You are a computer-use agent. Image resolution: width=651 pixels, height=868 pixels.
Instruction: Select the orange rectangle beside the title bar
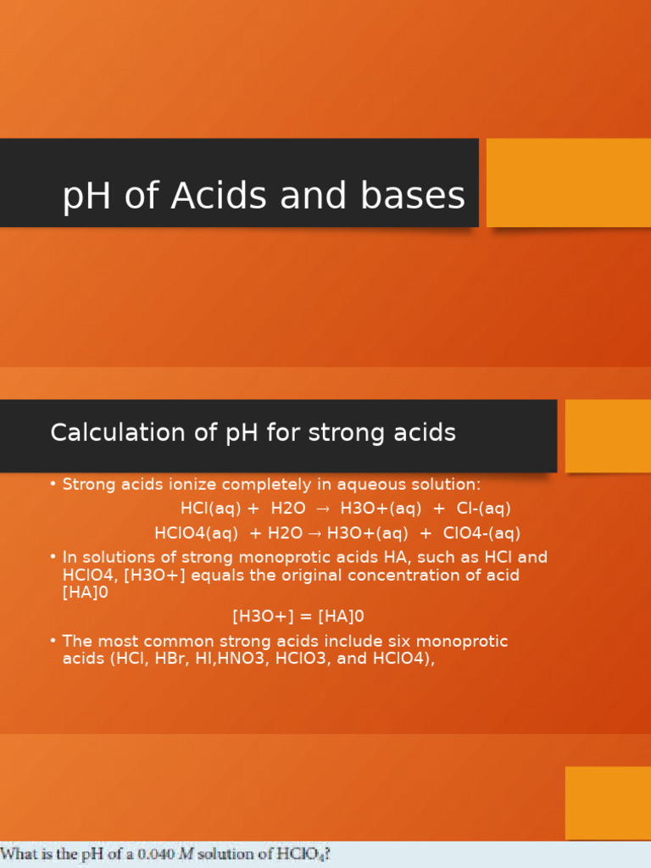(x=568, y=182)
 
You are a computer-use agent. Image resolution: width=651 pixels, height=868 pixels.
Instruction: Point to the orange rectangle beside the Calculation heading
(x=607, y=436)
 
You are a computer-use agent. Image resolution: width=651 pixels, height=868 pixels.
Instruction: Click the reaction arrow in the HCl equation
(x=322, y=509)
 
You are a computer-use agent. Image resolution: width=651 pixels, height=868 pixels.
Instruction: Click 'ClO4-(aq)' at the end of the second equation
(x=481, y=533)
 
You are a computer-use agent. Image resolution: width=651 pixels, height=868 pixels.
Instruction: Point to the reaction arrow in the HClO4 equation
(x=314, y=533)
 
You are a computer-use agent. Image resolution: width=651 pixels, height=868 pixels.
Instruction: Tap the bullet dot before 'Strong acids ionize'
(x=53, y=484)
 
